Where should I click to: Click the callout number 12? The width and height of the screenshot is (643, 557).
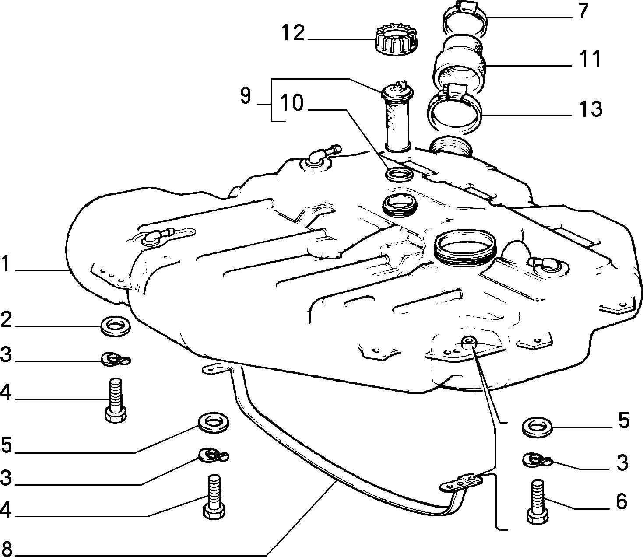[x=293, y=33]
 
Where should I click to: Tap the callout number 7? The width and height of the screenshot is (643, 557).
[x=583, y=11]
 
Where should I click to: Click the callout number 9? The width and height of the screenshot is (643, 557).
[x=246, y=96]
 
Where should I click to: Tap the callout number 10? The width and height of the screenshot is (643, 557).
[x=292, y=103]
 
